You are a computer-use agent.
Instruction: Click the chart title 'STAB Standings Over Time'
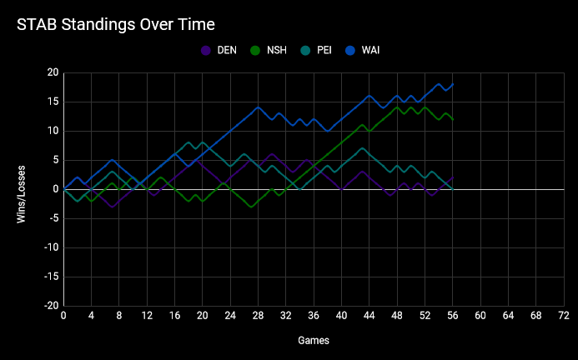coord(116,24)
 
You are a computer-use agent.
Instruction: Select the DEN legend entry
coord(219,51)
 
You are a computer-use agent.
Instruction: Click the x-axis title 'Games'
coord(314,341)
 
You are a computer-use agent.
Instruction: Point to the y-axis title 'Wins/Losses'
coord(23,189)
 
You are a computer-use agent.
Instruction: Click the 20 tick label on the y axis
coord(52,73)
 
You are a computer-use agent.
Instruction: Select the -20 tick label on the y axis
coord(50,306)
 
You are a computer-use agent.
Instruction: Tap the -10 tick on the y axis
coord(50,247)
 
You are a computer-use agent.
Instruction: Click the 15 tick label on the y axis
coord(52,102)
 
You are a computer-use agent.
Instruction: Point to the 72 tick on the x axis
coord(564,317)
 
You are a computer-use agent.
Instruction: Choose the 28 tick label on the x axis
coord(259,317)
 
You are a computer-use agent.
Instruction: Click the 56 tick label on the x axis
coord(453,317)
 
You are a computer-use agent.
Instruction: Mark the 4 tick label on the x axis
coord(92,317)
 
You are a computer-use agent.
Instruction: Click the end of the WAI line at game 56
coord(453,85)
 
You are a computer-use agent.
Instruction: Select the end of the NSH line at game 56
coord(453,120)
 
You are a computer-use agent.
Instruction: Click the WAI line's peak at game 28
coord(259,107)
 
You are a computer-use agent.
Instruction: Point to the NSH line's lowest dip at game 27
coord(251,207)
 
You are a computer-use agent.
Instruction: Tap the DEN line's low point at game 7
coord(113,207)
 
